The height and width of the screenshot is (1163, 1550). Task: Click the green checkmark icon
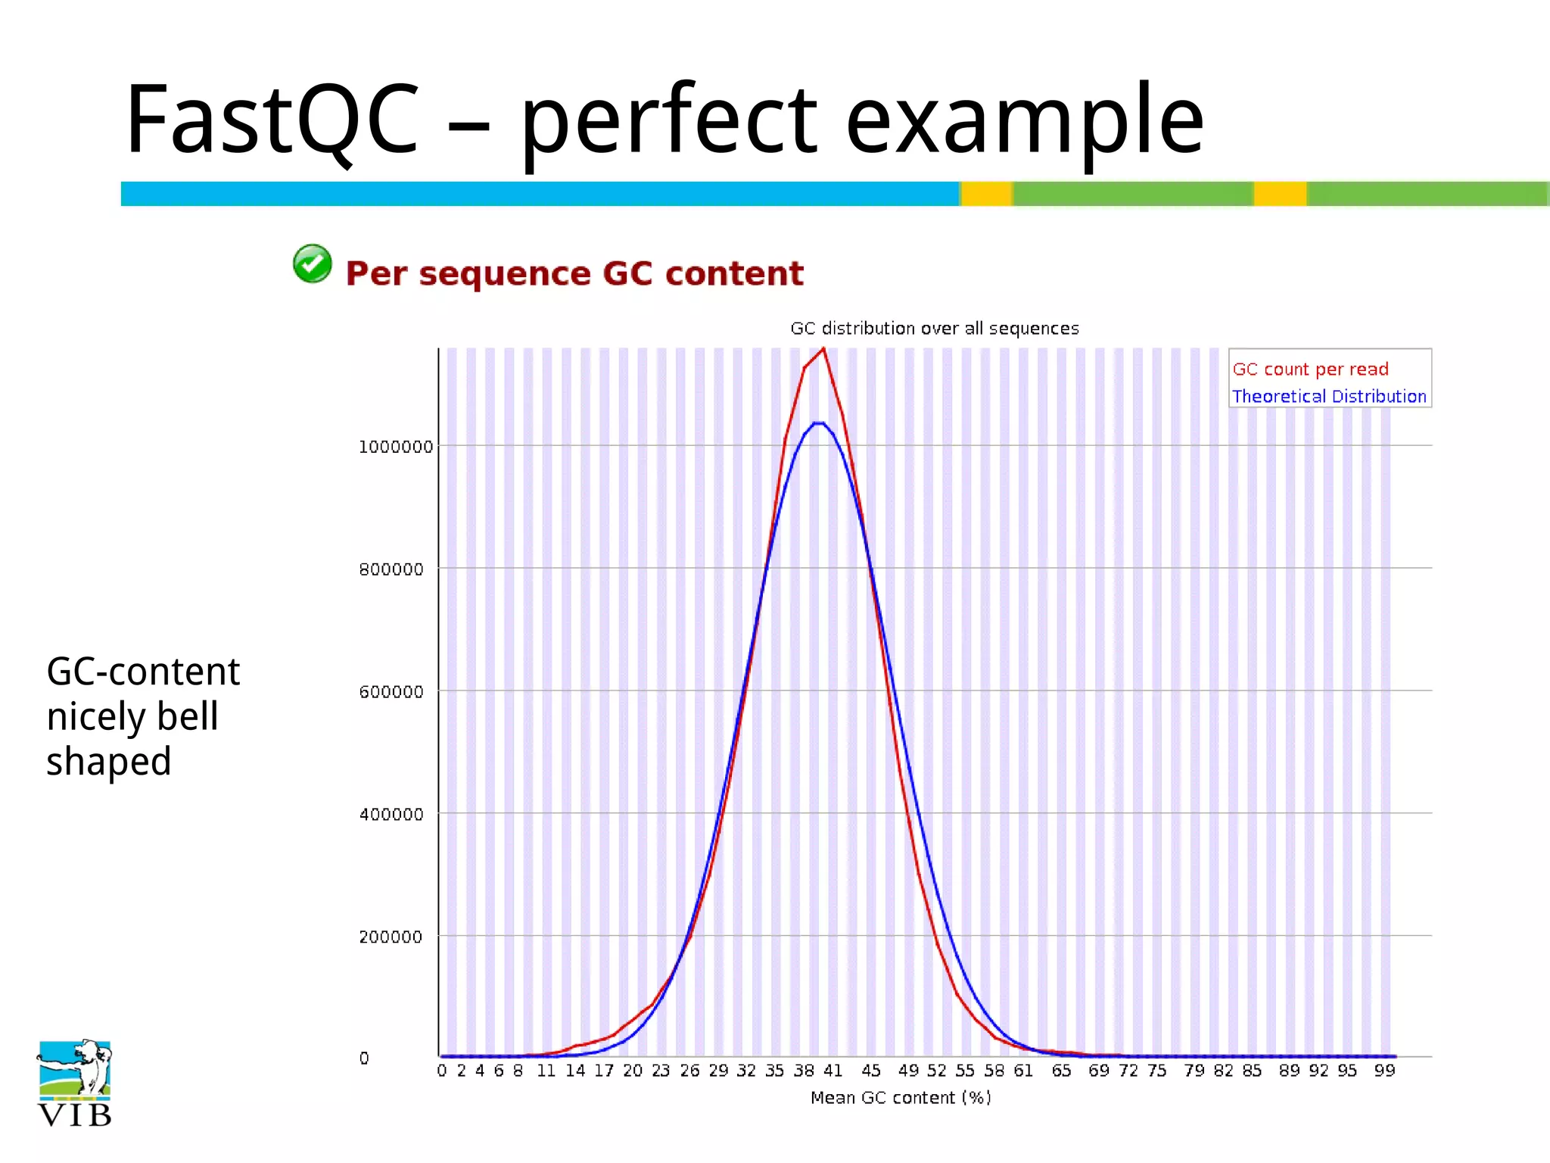[x=312, y=264]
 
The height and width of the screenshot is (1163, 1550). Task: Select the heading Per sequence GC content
[x=574, y=273]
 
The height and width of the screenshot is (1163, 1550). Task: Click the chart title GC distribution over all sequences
[x=934, y=329]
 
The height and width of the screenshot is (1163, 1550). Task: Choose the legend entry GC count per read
[x=1310, y=369]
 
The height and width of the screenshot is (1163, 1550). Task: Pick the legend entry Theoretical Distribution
[x=1328, y=397]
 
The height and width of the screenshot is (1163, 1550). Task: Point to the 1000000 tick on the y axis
[x=396, y=447]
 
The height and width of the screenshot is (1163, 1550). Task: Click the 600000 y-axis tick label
[x=391, y=692]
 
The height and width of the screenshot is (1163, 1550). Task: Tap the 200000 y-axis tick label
[x=391, y=937]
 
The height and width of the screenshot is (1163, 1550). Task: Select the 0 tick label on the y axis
[x=364, y=1059]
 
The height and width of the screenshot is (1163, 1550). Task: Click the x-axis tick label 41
[x=833, y=1071]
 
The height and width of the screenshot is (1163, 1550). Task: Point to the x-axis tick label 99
[x=1384, y=1071]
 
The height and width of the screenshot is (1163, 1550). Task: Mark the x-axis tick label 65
[x=1061, y=1071]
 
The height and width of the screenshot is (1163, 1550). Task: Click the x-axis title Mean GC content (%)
[x=900, y=1098]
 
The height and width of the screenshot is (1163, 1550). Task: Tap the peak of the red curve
[x=823, y=349]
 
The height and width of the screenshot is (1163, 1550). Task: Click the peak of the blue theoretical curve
[x=818, y=422]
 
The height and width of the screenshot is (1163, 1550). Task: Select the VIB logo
[x=74, y=1083]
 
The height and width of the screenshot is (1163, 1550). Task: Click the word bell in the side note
[x=187, y=716]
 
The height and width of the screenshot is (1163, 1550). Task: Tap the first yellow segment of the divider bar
[x=986, y=194]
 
